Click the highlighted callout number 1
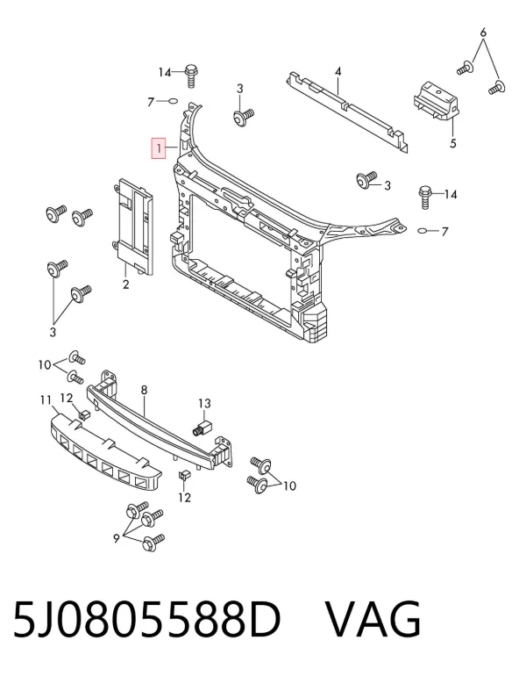click(x=159, y=148)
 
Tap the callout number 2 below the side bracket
click(x=125, y=284)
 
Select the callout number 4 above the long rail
click(x=338, y=72)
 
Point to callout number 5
click(x=453, y=143)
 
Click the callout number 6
click(x=483, y=32)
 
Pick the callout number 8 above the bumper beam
click(x=144, y=390)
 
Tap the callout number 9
click(x=117, y=538)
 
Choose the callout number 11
click(x=46, y=400)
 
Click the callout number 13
click(x=204, y=404)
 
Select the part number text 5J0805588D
click(x=146, y=620)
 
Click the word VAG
click(x=373, y=620)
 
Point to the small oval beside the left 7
click(x=172, y=101)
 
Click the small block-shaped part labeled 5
click(x=436, y=102)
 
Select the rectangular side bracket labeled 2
click(x=132, y=227)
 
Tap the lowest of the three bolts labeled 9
click(x=153, y=542)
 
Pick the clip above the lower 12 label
click(x=183, y=476)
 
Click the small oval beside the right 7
click(x=423, y=231)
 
